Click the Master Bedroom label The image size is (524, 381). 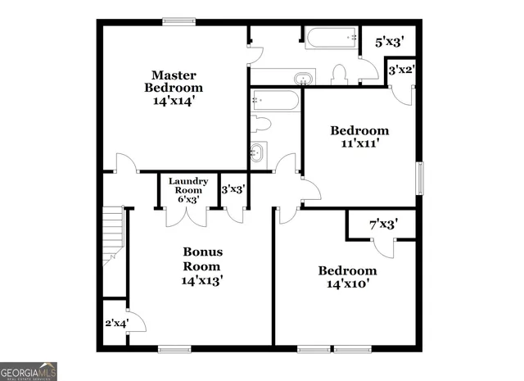[173, 81]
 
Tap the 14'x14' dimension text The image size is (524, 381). [173, 102]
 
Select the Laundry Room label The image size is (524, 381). [188, 185]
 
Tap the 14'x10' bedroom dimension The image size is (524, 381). [348, 285]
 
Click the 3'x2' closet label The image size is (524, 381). [400, 70]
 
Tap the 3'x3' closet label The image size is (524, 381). [233, 189]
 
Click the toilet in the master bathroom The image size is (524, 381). [340, 75]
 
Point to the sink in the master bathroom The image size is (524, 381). [304, 79]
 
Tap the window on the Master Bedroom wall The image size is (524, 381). [176, 22]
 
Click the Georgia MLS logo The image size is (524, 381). [29, 370]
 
